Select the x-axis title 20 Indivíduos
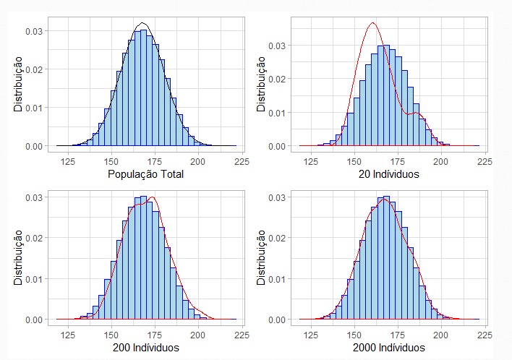click(x=389, y=174)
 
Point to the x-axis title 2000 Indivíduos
click(x=389, y=348)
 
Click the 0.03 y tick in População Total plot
click(x=34, y=31)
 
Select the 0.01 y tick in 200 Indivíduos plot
click(x=34, y=278)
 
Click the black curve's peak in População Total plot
click(x=143, y=23)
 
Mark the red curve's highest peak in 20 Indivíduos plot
click(x=372, y=22)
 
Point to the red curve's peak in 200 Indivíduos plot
click(x=152, y=197)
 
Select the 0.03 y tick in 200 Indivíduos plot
click(x=34, y=197)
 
